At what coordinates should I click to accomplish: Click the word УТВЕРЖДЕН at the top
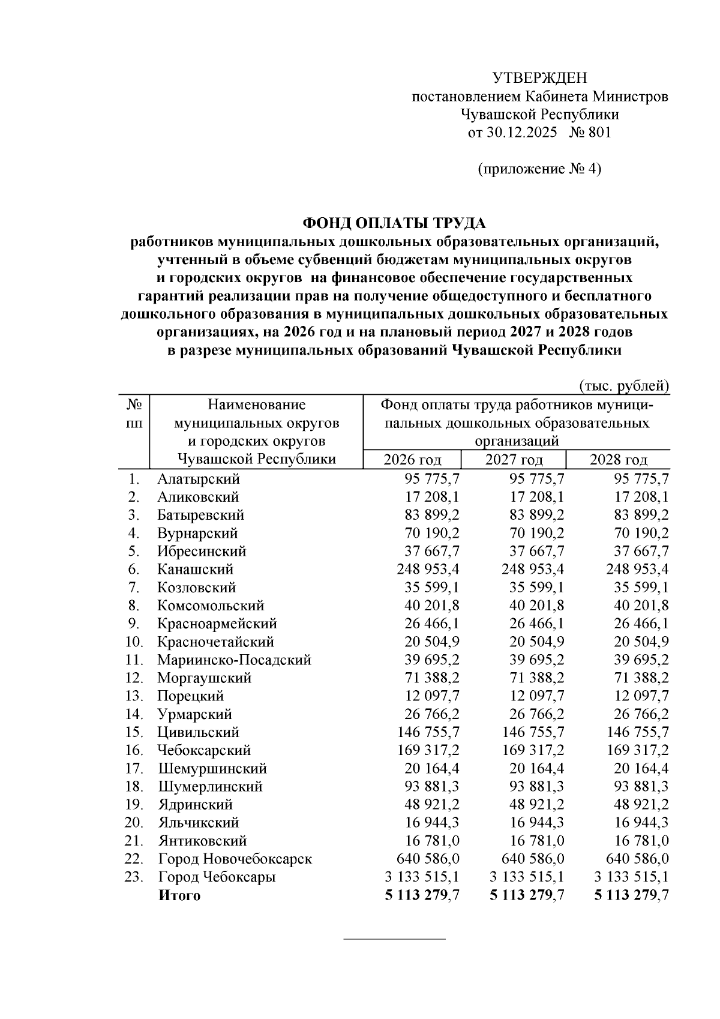pyautogui.click(x=539, y=78)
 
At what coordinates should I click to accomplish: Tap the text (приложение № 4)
pyautogui.click(x=539, y=169)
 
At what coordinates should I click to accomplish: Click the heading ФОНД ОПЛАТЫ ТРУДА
pyautogui.click(x=394, y=223)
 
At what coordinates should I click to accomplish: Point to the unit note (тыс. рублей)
pyautogui.click(x=624, y=386)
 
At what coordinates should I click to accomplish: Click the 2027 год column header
pyautogui.click(x=514, y=460)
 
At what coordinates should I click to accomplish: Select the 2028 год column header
pyautogui.click(x=618, y=460)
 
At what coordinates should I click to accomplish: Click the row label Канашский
pyautogui.click(x=196, y=569)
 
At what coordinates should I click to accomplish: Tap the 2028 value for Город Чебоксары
pyautogui.click(x=631, y=877)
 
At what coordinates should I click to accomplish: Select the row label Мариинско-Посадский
pyautogui.click(x=234, y=660)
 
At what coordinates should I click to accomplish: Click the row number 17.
pyautogui.click(x=133, y=768)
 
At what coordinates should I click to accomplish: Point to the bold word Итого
pyautogui.click(x=179, y=895)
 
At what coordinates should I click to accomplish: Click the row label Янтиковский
pyautogui.click(x=202, y=841)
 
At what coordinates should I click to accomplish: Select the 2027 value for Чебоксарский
pyautogui.click(x=533, y=750)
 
